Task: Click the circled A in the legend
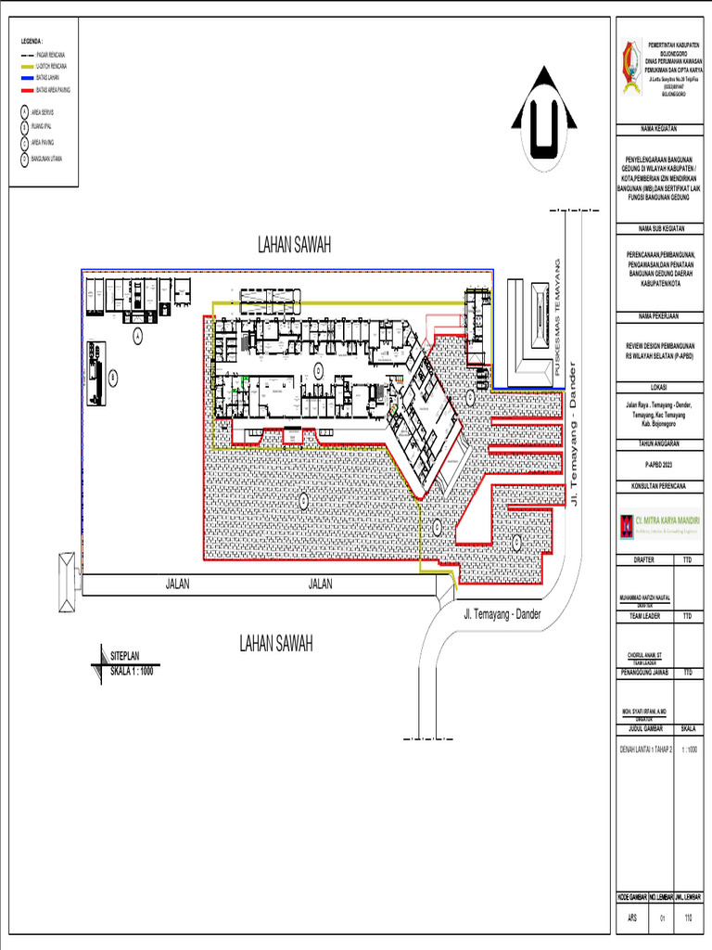[24, 112]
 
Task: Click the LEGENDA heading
[32, 42]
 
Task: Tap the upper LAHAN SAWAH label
[294, 245]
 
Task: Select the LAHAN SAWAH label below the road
[275, 643]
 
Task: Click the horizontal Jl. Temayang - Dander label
[502, 614]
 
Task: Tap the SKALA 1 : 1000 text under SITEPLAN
[132, 670]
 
